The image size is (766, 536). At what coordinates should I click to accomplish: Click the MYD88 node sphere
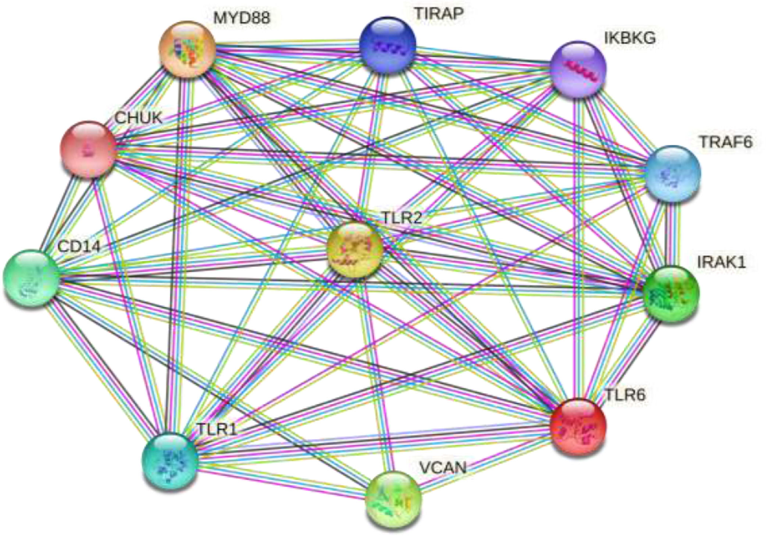187,49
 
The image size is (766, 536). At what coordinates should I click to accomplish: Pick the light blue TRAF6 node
673,173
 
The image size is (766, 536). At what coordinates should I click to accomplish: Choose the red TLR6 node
578,426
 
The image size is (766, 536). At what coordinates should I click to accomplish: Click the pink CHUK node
88,149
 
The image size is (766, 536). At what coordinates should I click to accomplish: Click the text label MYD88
242,18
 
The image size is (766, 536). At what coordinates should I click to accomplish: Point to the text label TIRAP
439,14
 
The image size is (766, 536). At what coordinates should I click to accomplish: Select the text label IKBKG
630,38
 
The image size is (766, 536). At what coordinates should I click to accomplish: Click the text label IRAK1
721,262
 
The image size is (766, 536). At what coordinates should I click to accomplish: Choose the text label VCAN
443,468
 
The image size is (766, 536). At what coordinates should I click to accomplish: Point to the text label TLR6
625,395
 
